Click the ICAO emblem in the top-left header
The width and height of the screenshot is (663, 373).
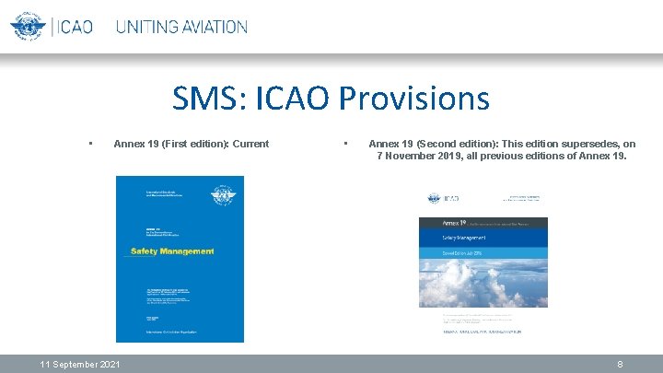pos(28,26)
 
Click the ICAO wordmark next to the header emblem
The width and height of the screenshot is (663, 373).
pos(73,27)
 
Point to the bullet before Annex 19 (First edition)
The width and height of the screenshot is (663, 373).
pos(89,144)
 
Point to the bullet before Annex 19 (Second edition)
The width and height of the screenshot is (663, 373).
pos(344,144)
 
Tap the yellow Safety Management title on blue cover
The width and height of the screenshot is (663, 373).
pos(172,251)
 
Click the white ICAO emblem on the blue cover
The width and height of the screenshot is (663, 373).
pos(221,196)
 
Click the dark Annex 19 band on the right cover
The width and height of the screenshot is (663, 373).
pos(483,223)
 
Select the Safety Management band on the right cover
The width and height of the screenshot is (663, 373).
pos(483,237)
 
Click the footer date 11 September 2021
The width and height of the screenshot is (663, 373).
pos(79,365)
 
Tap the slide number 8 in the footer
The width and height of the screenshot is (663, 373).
pos(620,365)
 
